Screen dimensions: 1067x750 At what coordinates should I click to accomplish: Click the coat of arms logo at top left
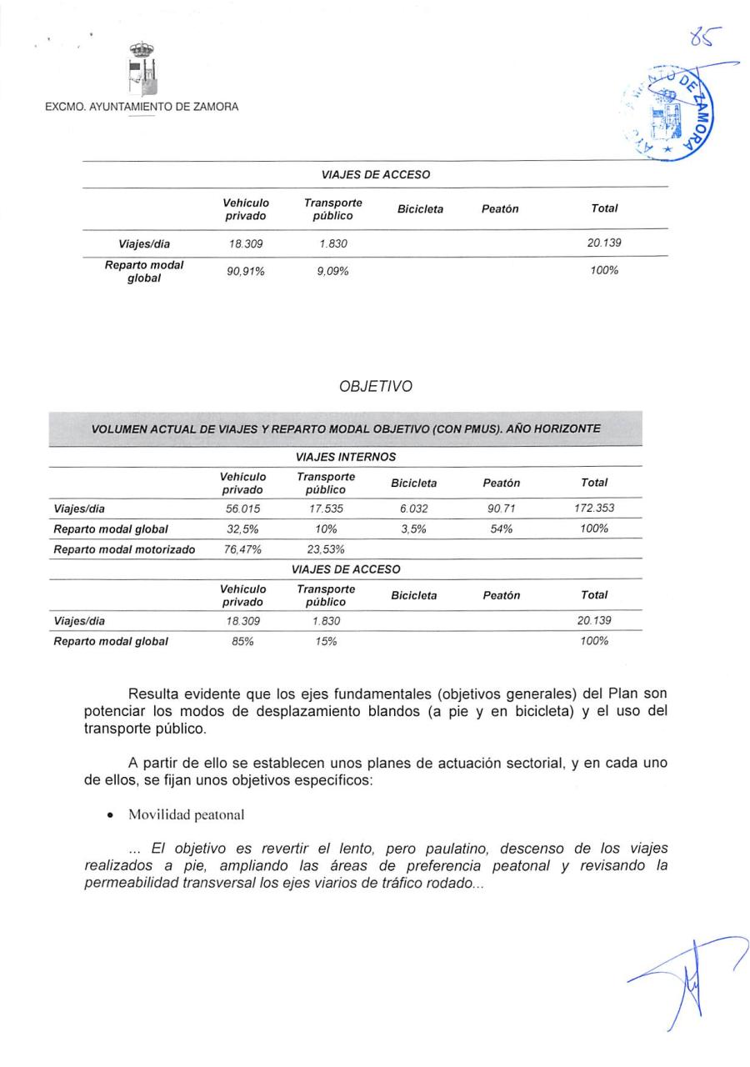[142, 70]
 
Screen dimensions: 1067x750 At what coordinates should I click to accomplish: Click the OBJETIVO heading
[375, 387]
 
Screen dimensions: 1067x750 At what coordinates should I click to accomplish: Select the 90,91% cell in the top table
[246, 271]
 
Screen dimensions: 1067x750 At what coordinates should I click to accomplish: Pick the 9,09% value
[332, 271]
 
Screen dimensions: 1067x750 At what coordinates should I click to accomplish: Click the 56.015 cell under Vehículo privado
[242, 508]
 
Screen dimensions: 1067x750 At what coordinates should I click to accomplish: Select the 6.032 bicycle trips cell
[413, 508]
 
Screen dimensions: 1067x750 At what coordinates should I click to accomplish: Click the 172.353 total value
[594, 508]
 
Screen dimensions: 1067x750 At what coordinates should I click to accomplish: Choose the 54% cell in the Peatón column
[501, 528]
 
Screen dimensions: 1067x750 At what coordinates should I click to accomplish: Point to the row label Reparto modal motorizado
[124, 549]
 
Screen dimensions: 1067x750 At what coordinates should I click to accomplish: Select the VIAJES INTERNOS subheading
[346, 457]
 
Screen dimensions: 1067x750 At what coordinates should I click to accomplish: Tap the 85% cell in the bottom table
[242, 641]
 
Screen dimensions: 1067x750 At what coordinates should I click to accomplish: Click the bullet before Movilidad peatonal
[110, 814]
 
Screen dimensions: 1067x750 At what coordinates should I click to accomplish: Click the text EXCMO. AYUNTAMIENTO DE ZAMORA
[142, 107]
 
